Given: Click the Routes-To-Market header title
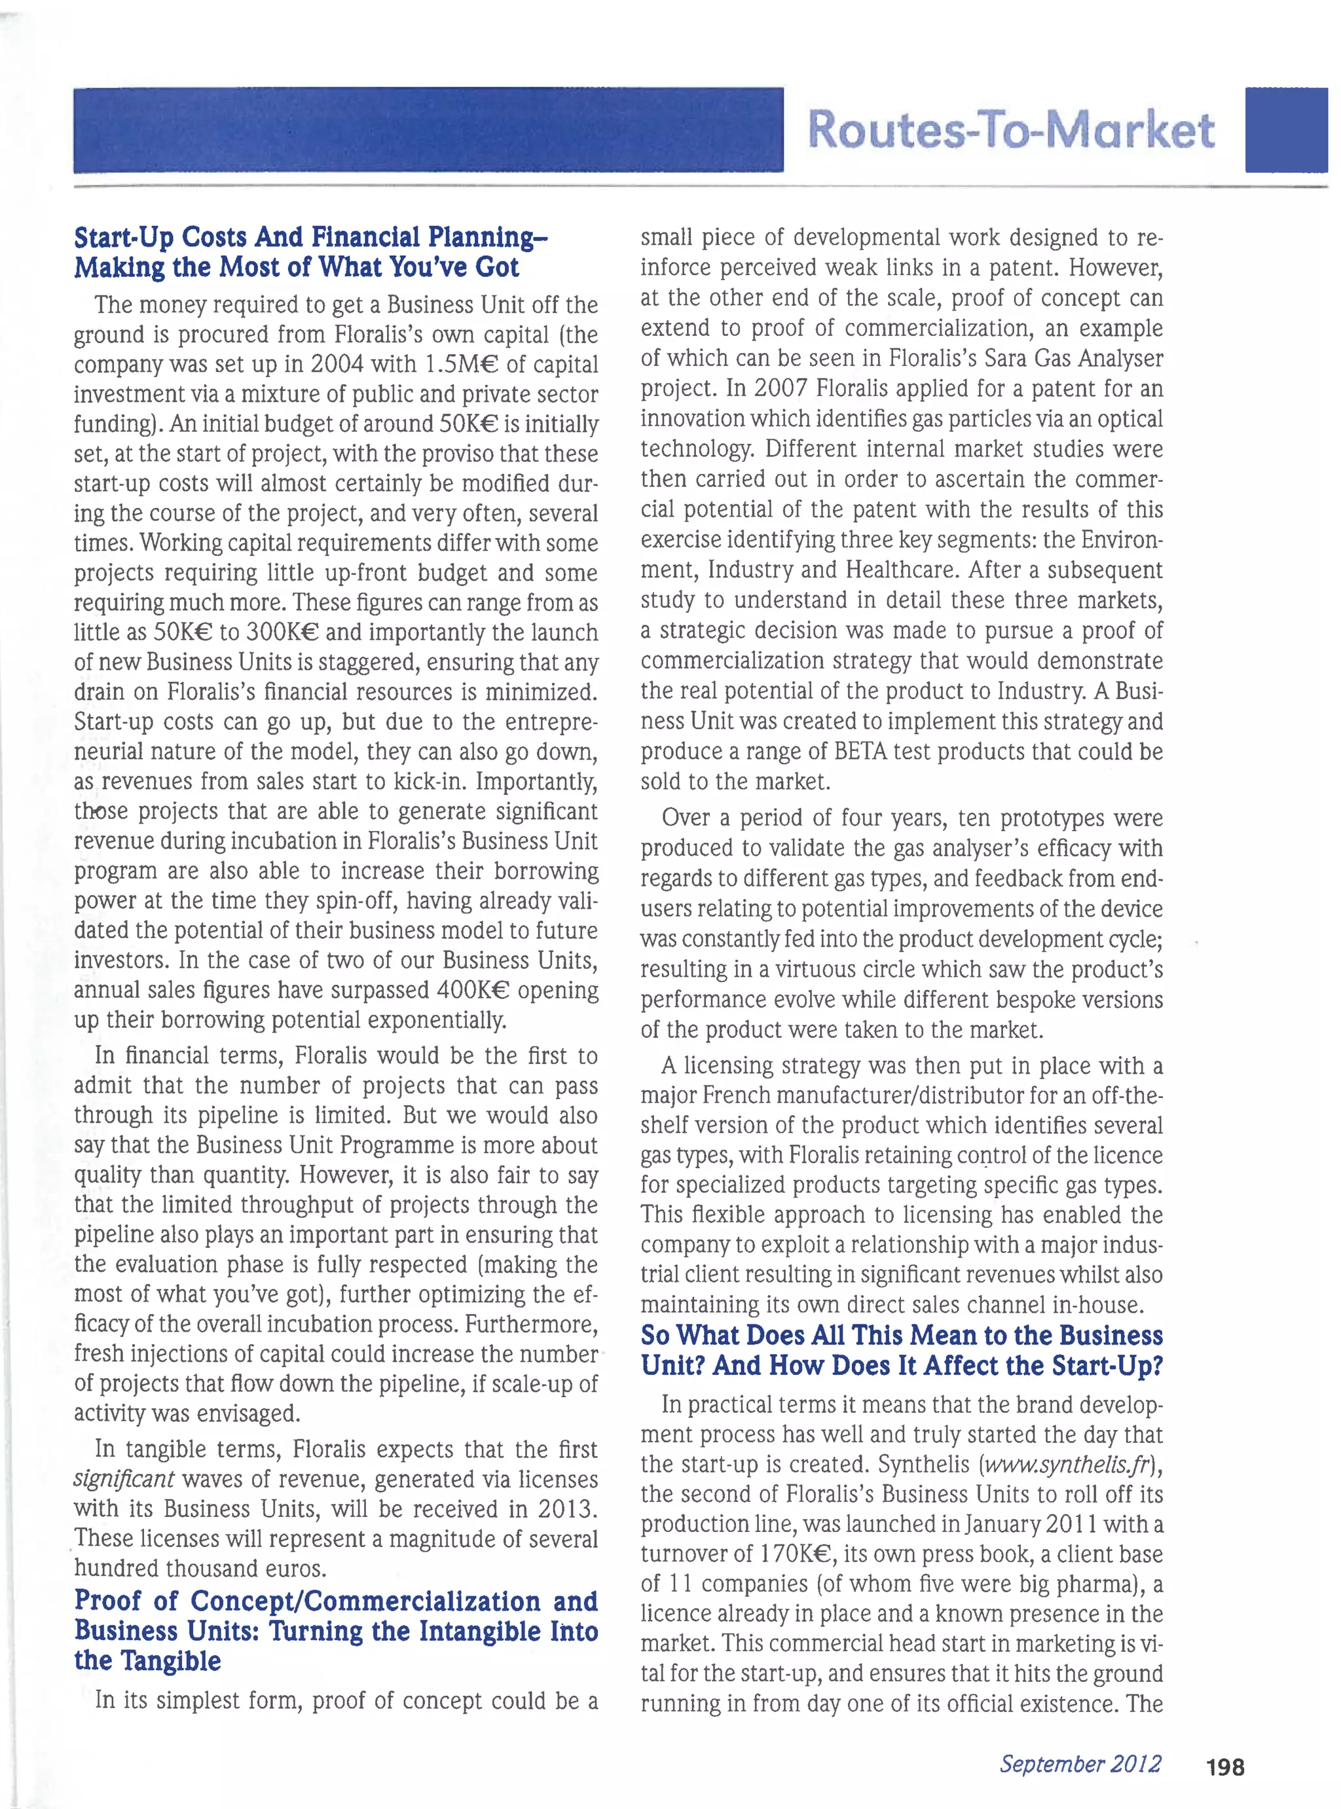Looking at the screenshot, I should tap(1010, 130).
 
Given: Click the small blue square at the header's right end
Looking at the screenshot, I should tap(1286, 130).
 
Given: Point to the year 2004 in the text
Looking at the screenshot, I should tap(337, 365).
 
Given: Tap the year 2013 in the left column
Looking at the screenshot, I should tap(566, 1508).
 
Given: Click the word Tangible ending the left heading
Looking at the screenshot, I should tap(170, 1660).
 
